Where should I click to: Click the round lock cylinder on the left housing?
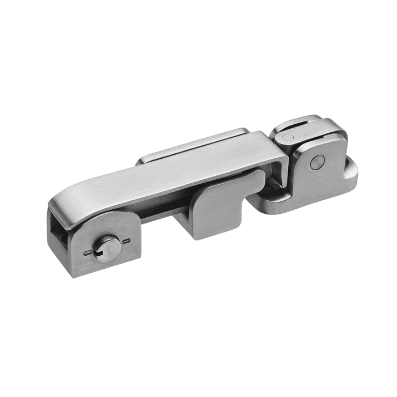pos(107,248)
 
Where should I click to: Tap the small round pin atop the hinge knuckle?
pos(288,137)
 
